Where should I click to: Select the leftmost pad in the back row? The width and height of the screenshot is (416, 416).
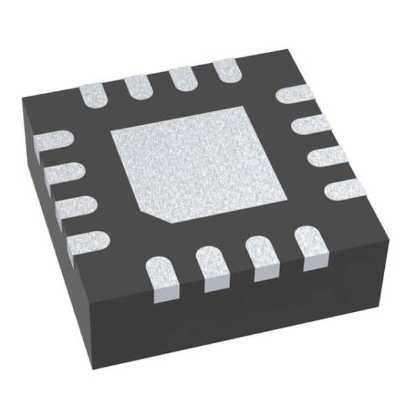pos(94,96)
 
